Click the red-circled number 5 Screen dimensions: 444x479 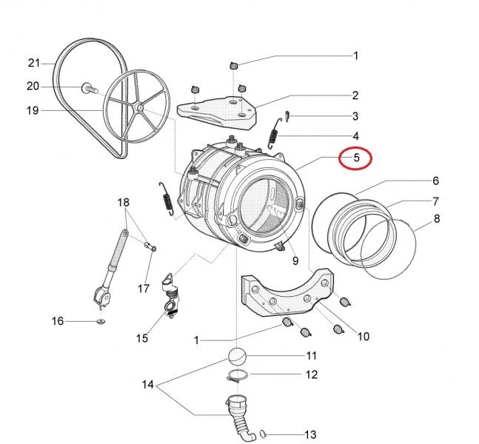pos(355,158)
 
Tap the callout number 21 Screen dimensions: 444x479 pos(33,61)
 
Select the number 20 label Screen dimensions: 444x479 pos(33,87)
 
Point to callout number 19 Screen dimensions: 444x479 pos(33,111)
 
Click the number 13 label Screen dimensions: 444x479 pos(310,434)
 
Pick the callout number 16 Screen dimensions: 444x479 pos(58,321)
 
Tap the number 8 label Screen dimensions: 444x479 pos(437,219)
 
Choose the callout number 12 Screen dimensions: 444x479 pos(311,375)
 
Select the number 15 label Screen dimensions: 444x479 pos(142,338)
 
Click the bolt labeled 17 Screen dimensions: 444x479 pos(150,246)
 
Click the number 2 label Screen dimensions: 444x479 pos(355,95)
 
